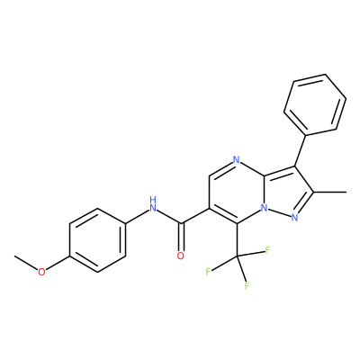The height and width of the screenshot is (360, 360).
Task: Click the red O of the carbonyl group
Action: (181, 256)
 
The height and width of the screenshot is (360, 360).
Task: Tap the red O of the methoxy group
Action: (41, 272)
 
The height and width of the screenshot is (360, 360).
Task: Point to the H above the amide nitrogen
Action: (153, 200)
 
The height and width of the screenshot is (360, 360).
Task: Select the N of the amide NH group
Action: (153, 208)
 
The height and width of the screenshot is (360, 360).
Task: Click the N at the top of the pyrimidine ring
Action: (237, 159)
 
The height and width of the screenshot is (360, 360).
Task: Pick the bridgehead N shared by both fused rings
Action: (264, 208)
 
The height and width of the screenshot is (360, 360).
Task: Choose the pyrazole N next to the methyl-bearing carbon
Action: (294, 218)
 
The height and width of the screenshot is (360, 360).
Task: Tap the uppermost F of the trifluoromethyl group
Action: (267, 250)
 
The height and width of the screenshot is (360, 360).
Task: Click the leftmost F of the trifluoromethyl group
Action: (208, 272)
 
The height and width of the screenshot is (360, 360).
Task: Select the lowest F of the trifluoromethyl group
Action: (247, 286)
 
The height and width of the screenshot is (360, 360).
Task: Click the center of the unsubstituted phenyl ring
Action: (315, 104)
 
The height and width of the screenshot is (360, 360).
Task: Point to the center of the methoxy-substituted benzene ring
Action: (97, 240)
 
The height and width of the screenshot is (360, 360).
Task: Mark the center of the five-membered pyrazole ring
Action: (286, 193)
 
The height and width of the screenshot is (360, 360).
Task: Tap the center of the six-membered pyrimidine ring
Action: (237, 192)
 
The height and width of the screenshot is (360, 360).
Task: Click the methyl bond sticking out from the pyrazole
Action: (330, 192)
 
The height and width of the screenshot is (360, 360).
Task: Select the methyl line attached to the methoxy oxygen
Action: (26, 264)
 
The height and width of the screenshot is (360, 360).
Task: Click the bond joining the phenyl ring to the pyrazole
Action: (301, 150)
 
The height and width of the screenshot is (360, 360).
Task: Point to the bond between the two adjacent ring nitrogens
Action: (279, 212)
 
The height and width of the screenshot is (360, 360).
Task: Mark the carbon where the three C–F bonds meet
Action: (237, 256)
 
